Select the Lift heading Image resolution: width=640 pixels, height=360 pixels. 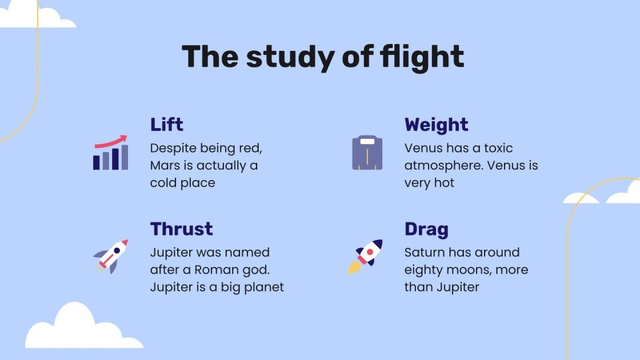[x=167, y=125]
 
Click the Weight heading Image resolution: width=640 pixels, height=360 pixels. [x=437, y=125]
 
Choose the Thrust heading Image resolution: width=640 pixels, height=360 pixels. [x=182, y=229]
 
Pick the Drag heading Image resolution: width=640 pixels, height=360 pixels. [x=426, y=229]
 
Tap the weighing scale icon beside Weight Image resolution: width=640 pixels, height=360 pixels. [x=367, y=153]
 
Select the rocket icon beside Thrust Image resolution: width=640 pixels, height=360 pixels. [x=111, y=257]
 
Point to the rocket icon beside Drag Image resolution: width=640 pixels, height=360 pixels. [x=366, y=256]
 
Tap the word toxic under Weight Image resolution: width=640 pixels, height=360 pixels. [x=499, y=149]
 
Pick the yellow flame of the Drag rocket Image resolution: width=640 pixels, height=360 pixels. [x=354, y=267]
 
